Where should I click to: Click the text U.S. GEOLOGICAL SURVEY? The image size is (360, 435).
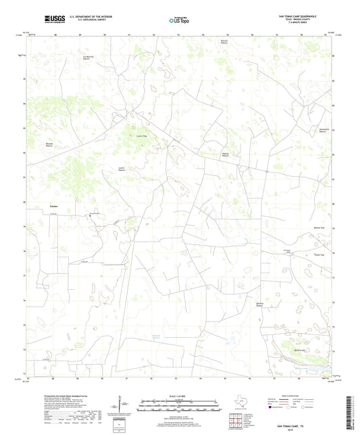coord(91,21)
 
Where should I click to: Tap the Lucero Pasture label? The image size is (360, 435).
coord(122,170)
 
